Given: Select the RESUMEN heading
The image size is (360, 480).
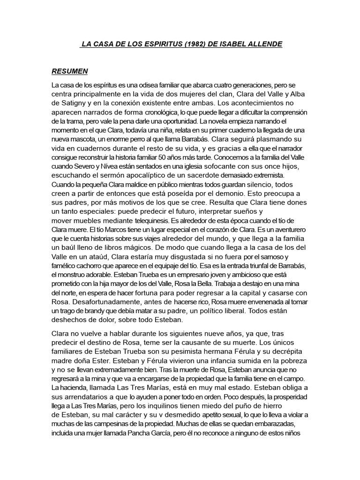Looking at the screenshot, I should click(x=69, y=72).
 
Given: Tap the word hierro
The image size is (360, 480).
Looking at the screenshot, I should click(x=296, y=405).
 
